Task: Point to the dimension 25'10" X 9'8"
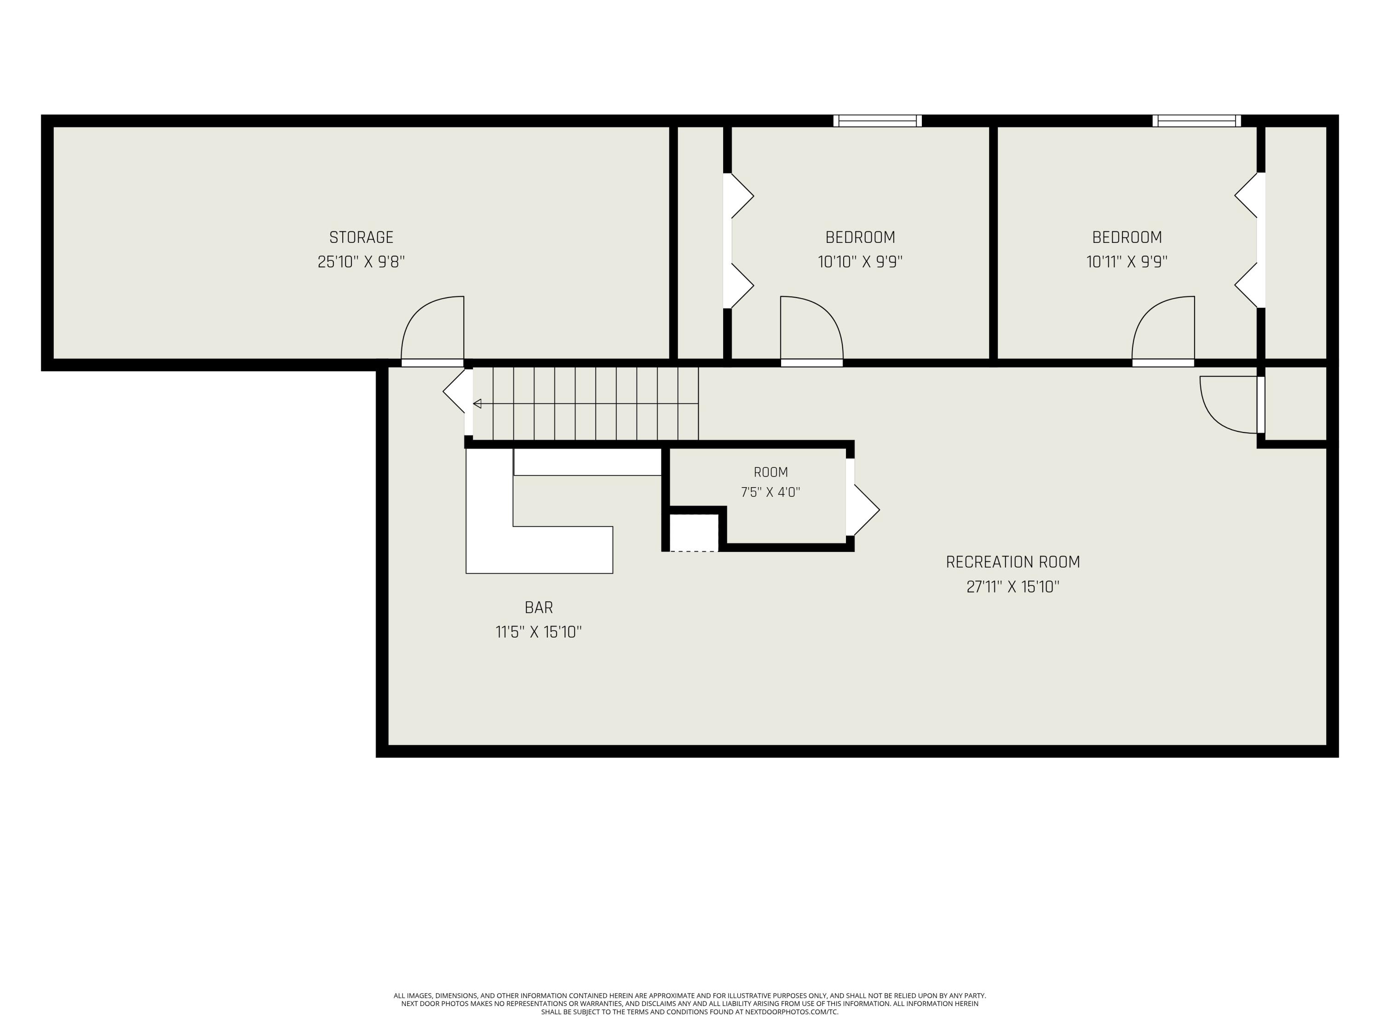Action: point(361,261)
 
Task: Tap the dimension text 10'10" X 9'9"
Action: point(860,261)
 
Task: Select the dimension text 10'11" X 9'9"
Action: point(1127,261)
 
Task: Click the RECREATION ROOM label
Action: point(1012,562)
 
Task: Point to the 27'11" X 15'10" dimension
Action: point(1012,586)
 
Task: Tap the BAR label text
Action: point(538,608)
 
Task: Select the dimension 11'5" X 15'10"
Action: point(538,632)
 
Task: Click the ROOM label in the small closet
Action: point(770,472)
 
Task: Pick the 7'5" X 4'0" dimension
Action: point(770,492)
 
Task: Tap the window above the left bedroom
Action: point(877,121)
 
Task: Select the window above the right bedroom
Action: point(1196,121)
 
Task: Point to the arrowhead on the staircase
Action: point(477,403)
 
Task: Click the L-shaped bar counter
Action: point(490,549)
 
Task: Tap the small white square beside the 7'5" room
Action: point(694,532)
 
